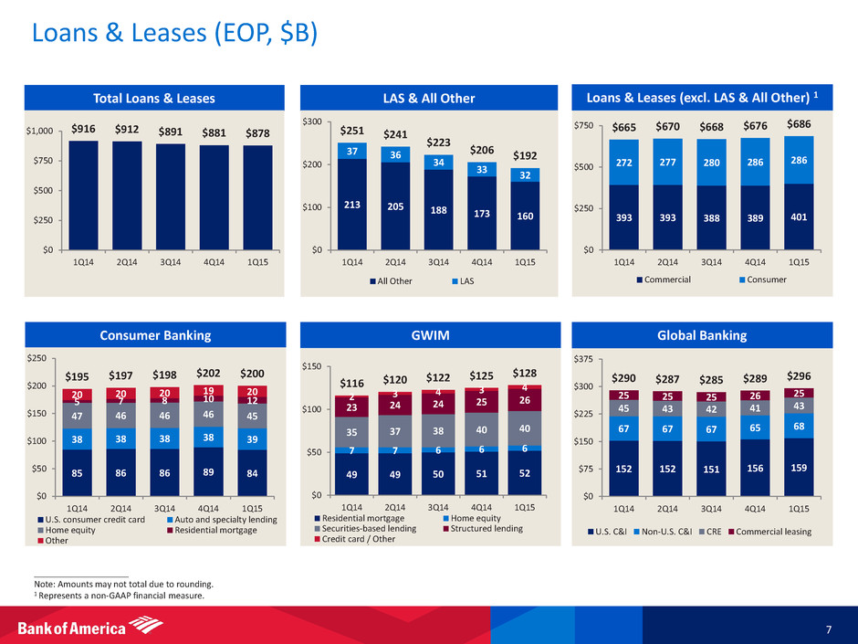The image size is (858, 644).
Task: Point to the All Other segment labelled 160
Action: click(526, 216)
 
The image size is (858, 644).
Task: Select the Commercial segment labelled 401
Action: click(799, 216)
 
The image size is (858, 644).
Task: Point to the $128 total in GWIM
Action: click(525, 373)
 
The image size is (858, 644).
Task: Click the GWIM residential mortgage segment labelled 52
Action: click(525, 472)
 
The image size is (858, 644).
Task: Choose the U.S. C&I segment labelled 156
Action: click(755, 468)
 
